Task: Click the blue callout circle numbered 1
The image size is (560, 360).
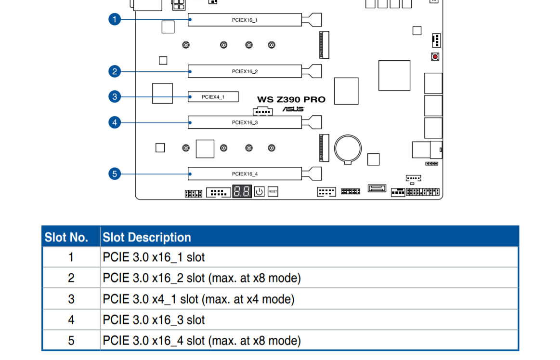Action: [x=114, y=20]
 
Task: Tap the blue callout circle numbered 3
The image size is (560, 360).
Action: [x=114, y=96]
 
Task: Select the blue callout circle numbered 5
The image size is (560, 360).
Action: [x=114, y=173]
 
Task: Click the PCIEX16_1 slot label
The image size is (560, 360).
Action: [x=245, y=20]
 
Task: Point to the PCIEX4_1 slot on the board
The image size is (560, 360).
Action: [x=213, y=97]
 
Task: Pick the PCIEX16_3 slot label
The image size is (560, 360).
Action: [x=245, y=122]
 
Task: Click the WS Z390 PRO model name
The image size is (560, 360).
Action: [x=291, y=100]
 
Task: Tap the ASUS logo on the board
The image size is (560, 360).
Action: [x=293, y=109]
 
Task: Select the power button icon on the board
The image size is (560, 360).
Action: [x=259, y=191]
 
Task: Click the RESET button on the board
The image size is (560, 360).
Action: [x=273, y=191]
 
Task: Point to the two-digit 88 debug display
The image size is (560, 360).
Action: [x=242, y=191]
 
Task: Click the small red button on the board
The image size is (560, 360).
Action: [x=435, y=57]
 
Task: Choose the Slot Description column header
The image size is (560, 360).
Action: [x=147, y=238]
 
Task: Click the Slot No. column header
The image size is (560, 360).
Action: [x=66, y=238]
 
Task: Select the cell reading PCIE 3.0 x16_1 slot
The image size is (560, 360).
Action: [x=154, y=257]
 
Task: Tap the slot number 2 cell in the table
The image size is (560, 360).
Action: [x=71, y=278]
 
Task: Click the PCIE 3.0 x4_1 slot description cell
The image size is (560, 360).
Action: [x=198, y=299]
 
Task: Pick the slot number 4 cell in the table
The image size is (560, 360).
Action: [x=71, y=320]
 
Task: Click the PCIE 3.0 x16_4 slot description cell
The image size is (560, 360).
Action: [x=202, y=341]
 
